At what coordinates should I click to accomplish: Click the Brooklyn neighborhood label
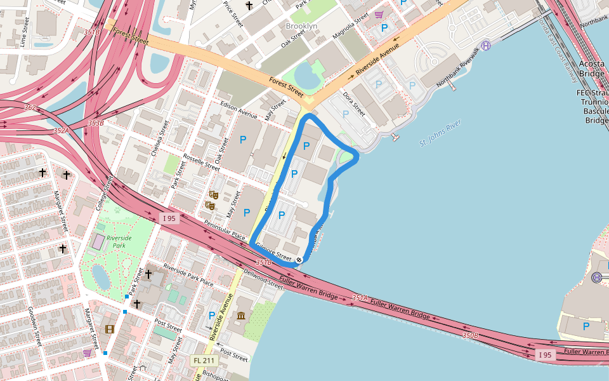coord(301,26)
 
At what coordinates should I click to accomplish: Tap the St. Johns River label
coord(440,135)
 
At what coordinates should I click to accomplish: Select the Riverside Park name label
coord(119,242)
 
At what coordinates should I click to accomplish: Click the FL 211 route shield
coord(204,361)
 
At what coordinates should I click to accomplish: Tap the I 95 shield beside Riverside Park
coord(169,218)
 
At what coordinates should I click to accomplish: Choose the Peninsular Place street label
coord(224,229)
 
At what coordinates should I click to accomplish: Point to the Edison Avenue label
coord(239,111)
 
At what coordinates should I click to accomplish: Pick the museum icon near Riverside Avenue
coord(241,316)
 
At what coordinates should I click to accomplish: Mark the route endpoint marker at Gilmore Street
coord(299,259)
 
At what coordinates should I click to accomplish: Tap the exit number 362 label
coord(30,108)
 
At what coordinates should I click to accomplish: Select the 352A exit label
coord(61,131)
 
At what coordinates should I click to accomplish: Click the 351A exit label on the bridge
coord(360,297)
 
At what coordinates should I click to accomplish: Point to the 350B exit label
coord(470,335)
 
